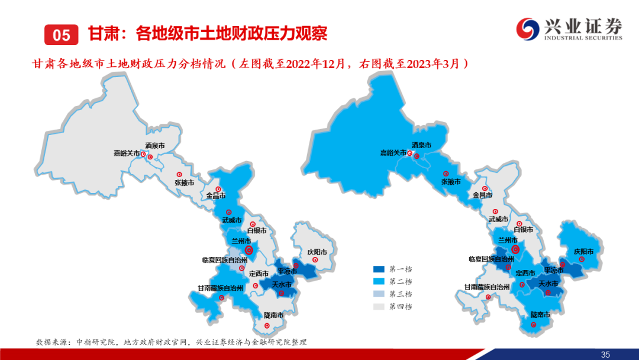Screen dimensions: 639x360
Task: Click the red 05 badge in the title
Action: coord(61,35)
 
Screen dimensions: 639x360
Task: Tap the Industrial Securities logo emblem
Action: coord(528,29)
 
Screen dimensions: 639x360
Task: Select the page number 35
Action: coord(605,355)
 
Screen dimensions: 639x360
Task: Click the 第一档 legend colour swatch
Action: coord(379,269)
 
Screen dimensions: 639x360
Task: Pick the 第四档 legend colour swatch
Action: coord(379,307)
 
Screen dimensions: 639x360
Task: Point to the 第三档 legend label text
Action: coord(400,294)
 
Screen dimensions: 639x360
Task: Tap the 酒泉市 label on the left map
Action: coord(155,146)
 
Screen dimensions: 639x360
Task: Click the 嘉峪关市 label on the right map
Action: coord(393,153)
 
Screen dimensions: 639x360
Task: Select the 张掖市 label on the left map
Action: coord(184,182)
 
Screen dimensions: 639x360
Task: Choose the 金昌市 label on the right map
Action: coord(483,195)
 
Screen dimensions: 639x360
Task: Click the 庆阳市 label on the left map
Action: coord(317,252)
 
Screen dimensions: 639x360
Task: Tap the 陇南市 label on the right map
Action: coord(540,314)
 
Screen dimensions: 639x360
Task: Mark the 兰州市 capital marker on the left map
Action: coord(248,250)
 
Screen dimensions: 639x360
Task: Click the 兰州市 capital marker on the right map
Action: coord(515,249)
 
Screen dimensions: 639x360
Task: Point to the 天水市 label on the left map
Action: coord(282,284)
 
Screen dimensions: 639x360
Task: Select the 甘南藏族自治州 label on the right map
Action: coord(487,287)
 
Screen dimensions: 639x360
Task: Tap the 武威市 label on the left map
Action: coord(232,220)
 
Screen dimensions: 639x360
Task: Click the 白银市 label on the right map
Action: coord(523,230)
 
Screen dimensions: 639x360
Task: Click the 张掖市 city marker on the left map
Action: coord(179,175)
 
